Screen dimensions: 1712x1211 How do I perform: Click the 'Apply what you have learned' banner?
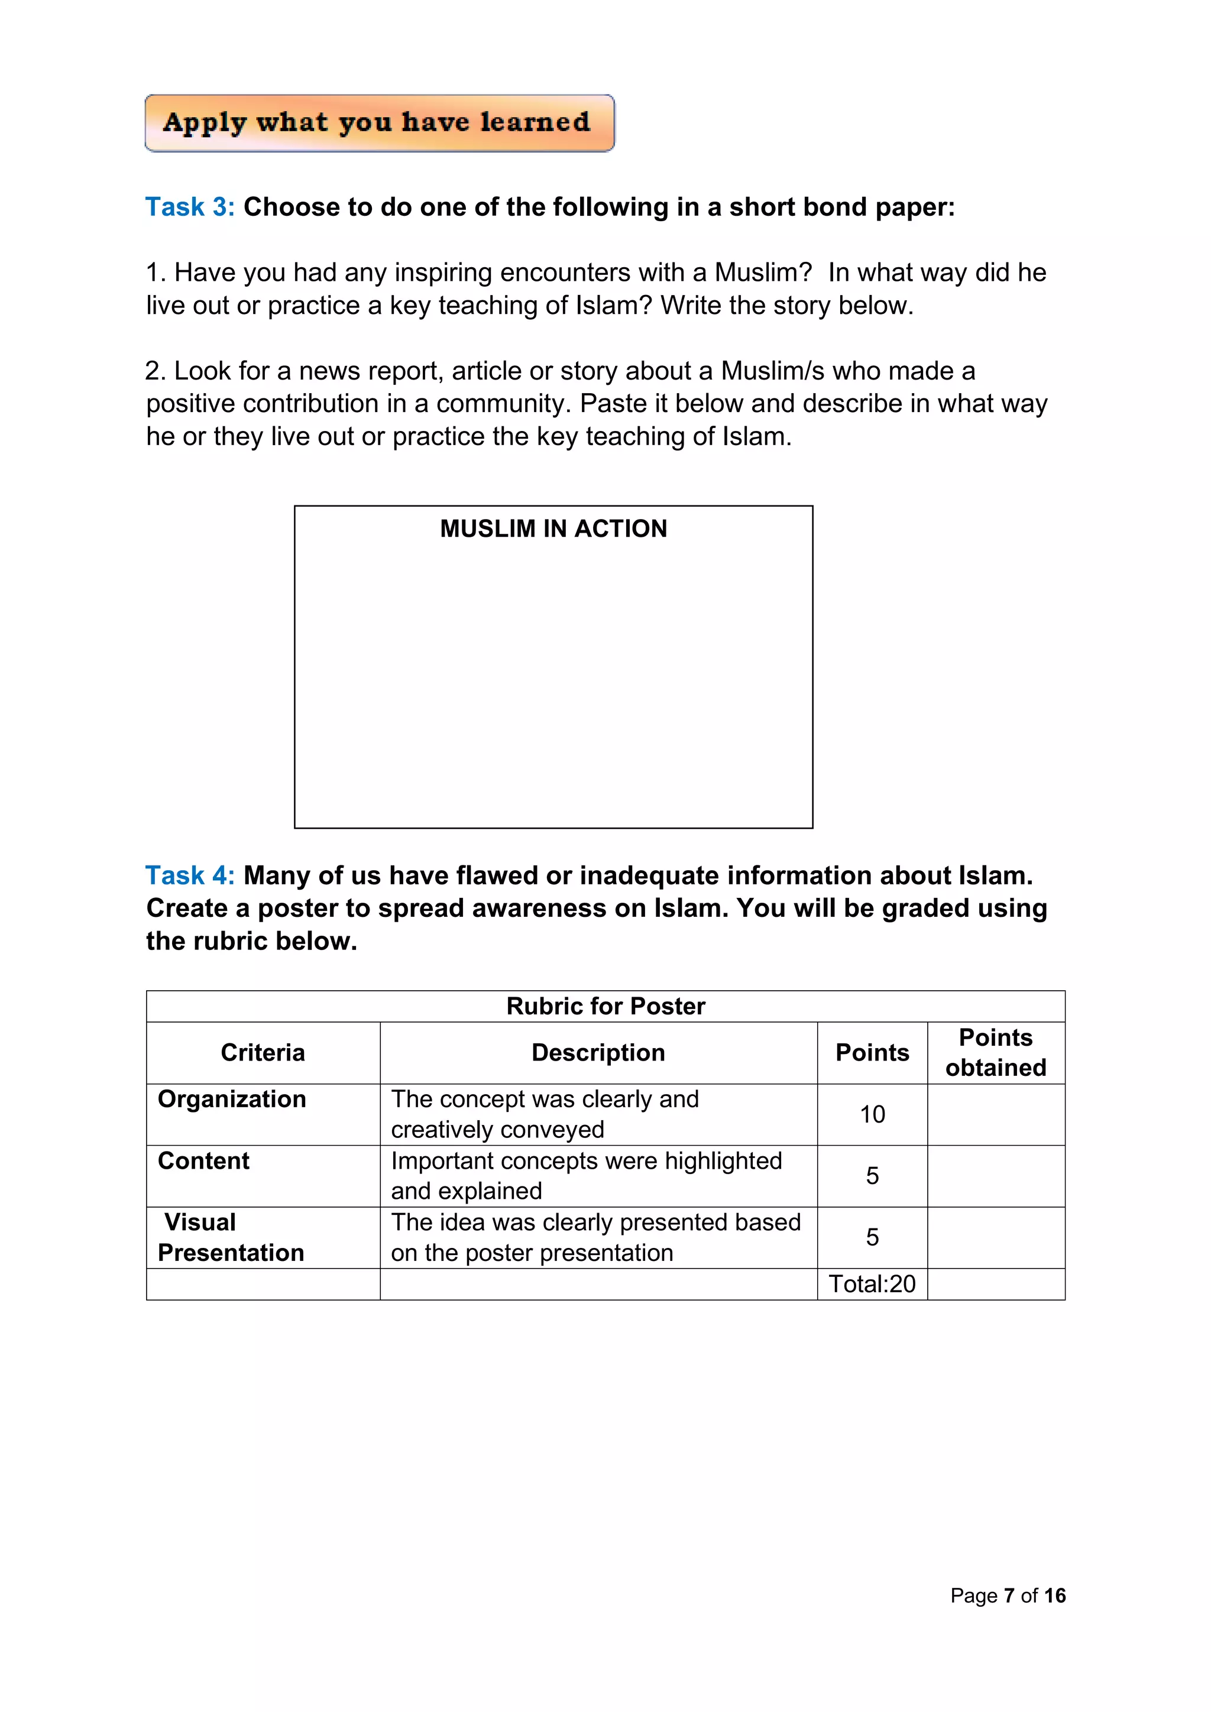tap(379, 123)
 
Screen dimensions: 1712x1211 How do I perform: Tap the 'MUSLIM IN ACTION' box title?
tap(553, 528)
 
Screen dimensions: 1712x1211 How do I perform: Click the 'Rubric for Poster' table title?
tap(605, 1007)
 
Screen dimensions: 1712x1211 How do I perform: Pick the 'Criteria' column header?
tap(263, 1053)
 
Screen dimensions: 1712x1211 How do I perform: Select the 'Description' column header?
tap(598, 1053)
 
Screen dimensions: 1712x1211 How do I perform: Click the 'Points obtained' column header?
tap(996, 1053)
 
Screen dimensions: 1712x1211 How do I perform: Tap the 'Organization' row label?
tap(232, 1100)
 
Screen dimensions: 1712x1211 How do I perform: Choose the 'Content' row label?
tap(203, 1161)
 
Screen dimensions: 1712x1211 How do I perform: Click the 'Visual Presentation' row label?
tap(231, 1238)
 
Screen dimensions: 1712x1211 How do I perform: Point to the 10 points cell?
tap(872, 1115)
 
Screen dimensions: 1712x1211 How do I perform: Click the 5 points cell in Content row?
tap(872, 1176)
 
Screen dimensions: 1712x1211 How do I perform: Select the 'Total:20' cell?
tap(872, 1284)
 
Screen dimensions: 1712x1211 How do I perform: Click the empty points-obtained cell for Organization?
tap(996, 1115)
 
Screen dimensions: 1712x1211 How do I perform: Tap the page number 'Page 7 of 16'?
tap(1008, 1596)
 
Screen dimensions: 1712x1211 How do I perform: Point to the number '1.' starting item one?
tap(156, 273)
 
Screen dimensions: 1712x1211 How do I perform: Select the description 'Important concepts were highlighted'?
tap(586, 1161)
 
